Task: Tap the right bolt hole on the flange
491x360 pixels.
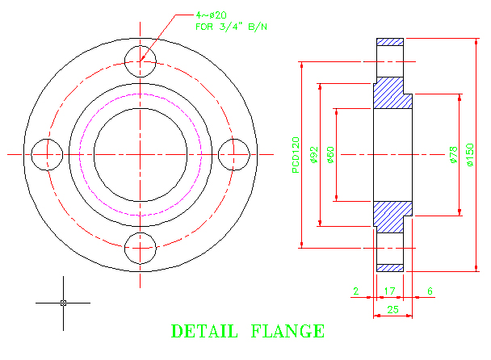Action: [235, 153]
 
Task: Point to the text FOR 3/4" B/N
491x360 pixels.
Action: [234, 27]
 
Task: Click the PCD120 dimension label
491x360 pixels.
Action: [296, 153]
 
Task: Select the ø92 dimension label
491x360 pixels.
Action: [314, 153]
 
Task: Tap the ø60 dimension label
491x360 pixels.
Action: [330, 153]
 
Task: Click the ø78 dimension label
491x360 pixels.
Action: [453, 153]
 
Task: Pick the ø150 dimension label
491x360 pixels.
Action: [471, 153]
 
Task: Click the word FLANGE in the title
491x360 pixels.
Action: [288, 332]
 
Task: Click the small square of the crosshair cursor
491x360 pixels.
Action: [63, 303]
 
